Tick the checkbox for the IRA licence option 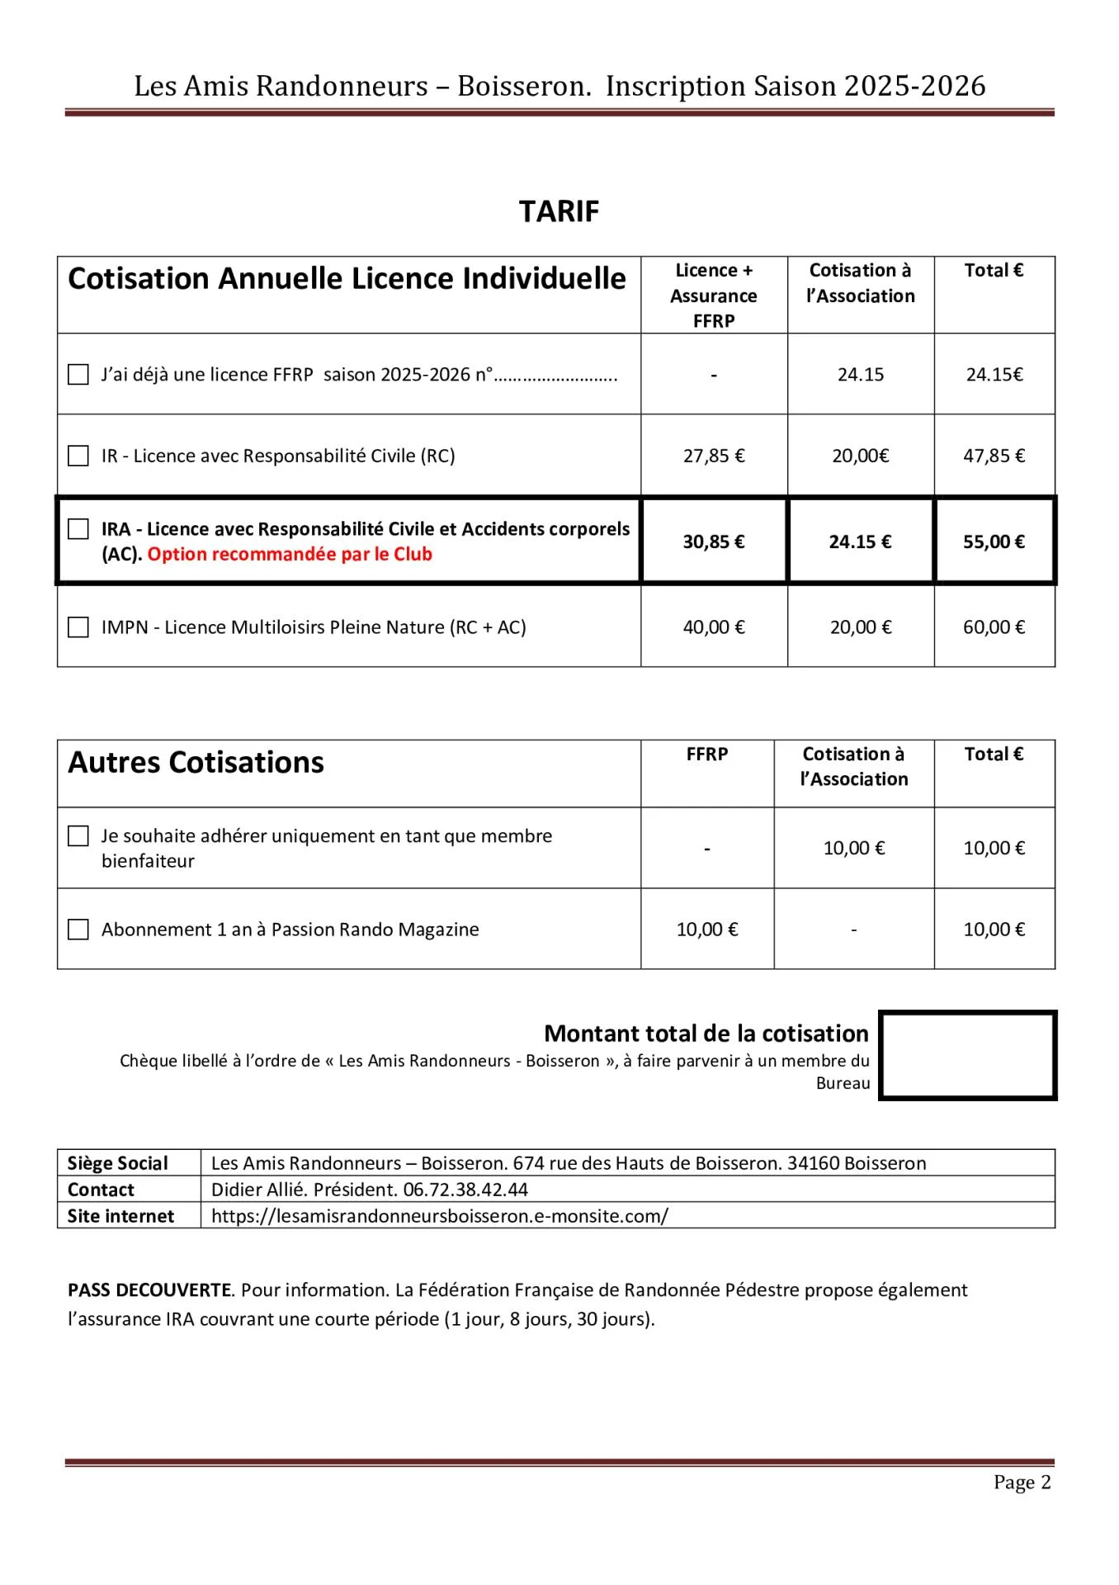pos(78,529)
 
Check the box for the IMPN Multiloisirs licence pos(78,627)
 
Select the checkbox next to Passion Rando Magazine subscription pos(78,930)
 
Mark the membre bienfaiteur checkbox pos(78,836)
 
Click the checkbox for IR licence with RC pos(78,456)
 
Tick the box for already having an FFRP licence pos(78,375)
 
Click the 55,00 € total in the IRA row pos(994,542)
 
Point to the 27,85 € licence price pos(714,456)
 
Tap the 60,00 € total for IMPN pos(994,627)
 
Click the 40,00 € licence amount pos(714,627)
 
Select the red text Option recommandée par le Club pos(290,555)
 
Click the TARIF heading pos(559,211)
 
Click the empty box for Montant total pos(967,1056)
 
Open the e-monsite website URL pos(439,1216)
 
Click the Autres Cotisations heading pos(196,763)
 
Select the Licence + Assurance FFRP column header pos(714,296)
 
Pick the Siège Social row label pos(117,1163)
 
